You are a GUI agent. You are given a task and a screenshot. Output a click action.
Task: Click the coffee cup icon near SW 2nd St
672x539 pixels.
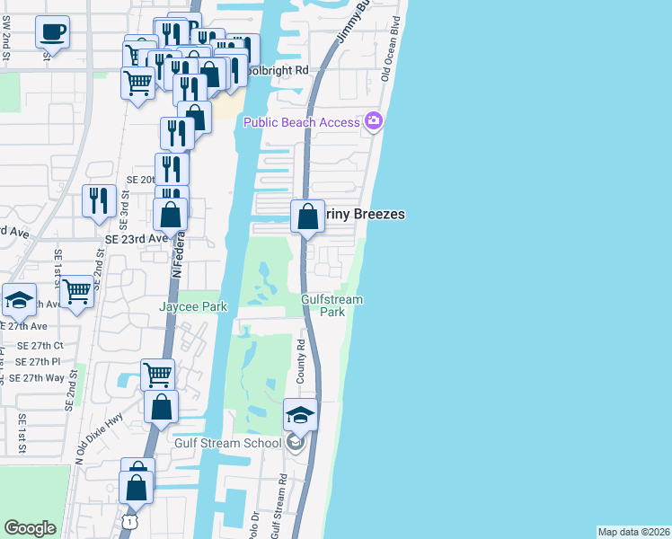53,33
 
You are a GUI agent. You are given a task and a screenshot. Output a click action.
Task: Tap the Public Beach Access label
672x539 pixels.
300,122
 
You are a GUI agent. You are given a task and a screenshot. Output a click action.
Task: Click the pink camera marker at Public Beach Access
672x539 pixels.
374,121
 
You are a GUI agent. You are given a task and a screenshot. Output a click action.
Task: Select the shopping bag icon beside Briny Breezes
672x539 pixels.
307,216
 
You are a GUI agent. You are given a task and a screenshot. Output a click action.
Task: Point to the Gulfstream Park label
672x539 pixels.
323,305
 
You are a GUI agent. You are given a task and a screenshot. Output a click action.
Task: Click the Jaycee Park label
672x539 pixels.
192,306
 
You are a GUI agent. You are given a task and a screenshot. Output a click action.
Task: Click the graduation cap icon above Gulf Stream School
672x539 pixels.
301,415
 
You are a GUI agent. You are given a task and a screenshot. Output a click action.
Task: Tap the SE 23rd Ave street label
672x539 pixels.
137,239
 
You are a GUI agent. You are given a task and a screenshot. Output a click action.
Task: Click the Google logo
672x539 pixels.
30,527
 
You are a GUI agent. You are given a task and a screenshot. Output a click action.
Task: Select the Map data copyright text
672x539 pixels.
632,532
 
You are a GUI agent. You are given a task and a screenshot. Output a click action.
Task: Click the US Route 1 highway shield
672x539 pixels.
131,522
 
